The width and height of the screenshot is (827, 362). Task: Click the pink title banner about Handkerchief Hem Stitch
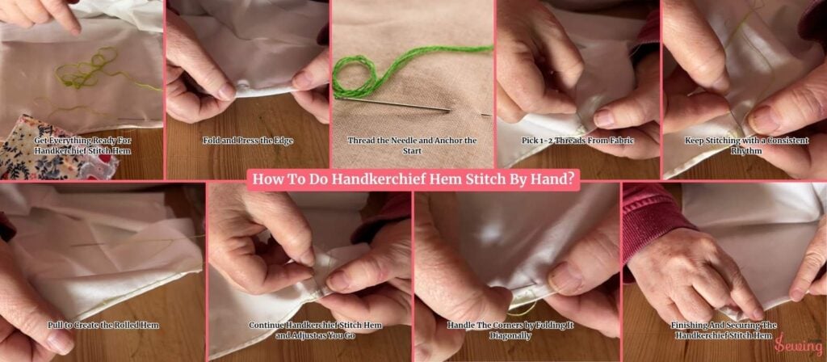click(x=413, y=179)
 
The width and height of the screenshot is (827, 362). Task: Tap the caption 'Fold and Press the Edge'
click(x=248, y=140)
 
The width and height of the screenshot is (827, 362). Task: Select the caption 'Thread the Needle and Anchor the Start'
click(x=412, y=145)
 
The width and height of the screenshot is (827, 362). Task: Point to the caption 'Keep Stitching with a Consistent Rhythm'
click(x=745, y=145)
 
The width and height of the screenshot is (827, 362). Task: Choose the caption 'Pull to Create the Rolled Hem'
click(x=103, y=325)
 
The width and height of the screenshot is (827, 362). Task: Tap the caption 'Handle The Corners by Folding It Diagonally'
click(x=517, y=330)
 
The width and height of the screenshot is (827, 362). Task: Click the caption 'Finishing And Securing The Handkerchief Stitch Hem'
click(x=724, y=330)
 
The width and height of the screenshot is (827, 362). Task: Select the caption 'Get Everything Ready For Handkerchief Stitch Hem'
click(x=82, y=145)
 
